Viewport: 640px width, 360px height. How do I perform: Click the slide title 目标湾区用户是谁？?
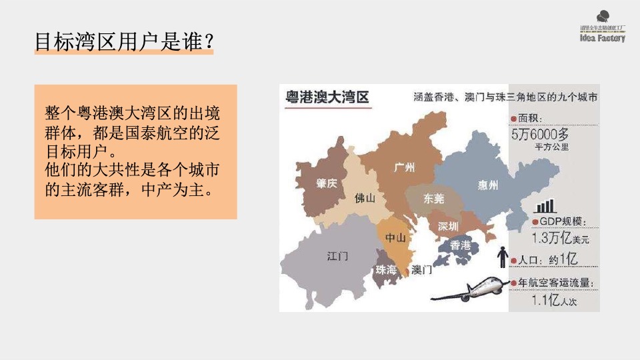coord(124,41)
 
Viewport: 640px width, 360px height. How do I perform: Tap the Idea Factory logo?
coord(602,29)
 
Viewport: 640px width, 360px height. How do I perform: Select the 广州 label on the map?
coord(404,167)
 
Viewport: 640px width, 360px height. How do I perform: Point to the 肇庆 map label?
coord(327,183)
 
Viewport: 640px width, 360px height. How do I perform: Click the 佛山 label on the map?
coord(365,198)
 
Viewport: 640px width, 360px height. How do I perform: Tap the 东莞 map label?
coord(434,198)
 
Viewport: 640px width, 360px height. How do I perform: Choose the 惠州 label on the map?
coord(487,185)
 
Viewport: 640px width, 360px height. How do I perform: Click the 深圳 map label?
coord(449,226)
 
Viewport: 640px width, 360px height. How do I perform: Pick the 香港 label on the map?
coord(461,245)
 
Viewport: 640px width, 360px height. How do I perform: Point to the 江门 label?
coord(337,256)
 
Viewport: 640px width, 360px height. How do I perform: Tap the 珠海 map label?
coord(386,270)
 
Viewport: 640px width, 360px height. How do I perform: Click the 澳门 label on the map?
coord(421,270)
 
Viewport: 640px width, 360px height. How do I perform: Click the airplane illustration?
coord(471,287)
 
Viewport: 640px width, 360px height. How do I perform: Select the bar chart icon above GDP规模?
coord(545,206)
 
